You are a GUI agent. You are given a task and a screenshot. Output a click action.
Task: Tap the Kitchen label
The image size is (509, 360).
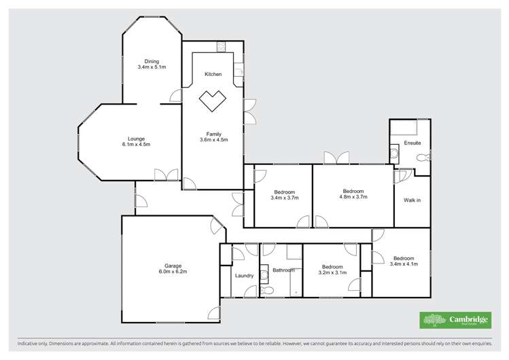pyautogui.click(x=213, y=74)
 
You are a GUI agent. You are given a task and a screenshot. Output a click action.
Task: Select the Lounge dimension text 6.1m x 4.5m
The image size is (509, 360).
pyautogui.click(x=136, y=144)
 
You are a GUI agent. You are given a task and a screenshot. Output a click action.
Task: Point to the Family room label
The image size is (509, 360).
pyautogui.click(x=213, y=134)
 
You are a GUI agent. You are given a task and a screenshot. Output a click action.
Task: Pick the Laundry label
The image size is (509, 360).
pyautogui.click(x=244, y=276)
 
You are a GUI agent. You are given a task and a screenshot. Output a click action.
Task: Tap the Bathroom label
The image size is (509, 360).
pyautogui.click(x=283, y=270)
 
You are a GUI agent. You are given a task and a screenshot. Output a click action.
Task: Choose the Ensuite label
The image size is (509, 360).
pyautogui.click(x=412, y=143)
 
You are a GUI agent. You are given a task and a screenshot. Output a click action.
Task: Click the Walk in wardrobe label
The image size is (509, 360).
pyautogui.click(x=412, y=200)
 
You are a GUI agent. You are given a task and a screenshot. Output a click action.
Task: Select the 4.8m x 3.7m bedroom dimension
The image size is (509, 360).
pyautogui.click(x=353, y=198)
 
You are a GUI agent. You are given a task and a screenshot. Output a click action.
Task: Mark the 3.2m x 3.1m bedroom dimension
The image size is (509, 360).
pyautogui.click(x=333, y=273)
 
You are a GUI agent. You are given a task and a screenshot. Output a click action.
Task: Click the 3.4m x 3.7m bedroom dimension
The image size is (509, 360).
pyautogui.click(x=284, y=198)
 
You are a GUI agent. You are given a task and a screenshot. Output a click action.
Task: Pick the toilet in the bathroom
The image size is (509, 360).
pyautogui.click(x=268, y=290)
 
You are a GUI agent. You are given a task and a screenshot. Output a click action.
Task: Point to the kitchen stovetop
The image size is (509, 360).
pyautogui.click(x=222, y=46)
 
